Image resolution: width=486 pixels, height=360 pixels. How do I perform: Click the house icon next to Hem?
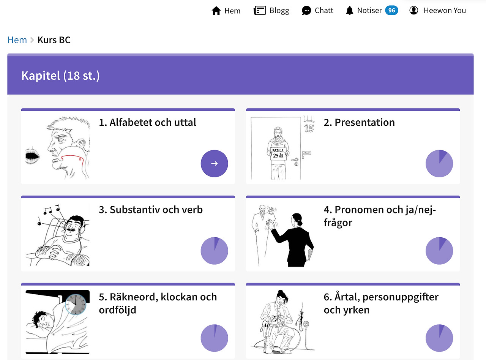click(216, 11)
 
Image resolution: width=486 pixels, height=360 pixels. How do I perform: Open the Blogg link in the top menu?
click(279, 11)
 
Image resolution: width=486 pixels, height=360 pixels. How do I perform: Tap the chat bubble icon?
click(306, 10)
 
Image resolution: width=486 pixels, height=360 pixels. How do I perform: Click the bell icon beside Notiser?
click(349, 10)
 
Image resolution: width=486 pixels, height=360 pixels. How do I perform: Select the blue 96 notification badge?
click(391, 10)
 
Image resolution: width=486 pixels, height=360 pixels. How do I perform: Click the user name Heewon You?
click(445, 10)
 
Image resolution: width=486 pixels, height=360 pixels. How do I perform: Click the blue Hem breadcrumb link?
click(17, 40)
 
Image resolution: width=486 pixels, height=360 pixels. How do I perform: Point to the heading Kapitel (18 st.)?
click(60, 76)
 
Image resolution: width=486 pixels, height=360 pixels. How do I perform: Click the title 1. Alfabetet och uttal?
click(147, 122)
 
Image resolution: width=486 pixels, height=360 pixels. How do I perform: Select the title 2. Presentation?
click(359, 122)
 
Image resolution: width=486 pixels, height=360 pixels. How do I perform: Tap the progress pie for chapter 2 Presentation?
click(439, 163)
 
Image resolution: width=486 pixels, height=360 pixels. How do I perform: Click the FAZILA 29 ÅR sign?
click(278, 153)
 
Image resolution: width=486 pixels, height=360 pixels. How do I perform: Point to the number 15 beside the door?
click(309, 128)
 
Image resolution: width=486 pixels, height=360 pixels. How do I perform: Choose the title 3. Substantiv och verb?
click(151, 209)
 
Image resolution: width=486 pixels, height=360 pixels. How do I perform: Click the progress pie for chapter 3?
click(214, 251)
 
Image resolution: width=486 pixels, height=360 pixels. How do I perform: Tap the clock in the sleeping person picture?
click(76, 304)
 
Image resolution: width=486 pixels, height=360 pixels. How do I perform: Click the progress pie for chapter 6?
click(439, 338)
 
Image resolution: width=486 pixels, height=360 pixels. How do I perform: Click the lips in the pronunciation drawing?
click(32, 155)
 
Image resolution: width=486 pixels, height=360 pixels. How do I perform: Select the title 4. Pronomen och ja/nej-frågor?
click(380, 216)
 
